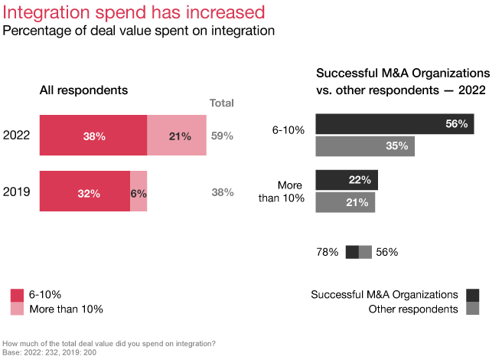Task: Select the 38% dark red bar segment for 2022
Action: [x=93, y=136]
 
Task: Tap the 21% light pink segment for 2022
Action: [x=177, y=136]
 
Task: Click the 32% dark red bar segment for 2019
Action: [x=85, y=192]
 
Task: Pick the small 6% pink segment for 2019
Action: [x=139, y=192]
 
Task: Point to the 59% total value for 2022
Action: [x=222, y=136]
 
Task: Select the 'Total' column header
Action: [x=222, y=103]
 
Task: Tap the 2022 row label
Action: [x=17, y=136]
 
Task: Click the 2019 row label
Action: [x=17, y=192]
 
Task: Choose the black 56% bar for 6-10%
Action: [x=394, y=124]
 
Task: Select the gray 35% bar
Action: [x=364, y=146]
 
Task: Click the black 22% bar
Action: [x=346, y=180]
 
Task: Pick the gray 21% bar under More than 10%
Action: [x=345, y=202]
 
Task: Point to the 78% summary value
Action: [x=327, y=252]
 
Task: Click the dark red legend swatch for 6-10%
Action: [x=17, y=295]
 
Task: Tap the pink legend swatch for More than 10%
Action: [x=17, y=309]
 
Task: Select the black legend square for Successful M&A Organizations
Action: [x=472, y=295]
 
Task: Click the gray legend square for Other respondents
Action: [x=472, y=309]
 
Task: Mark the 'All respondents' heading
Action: [x=83, y=90]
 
